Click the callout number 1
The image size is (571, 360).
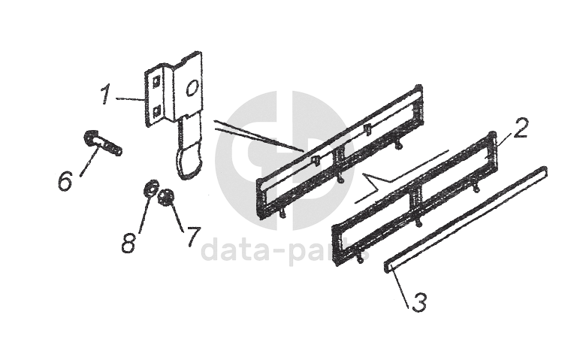(106, 93)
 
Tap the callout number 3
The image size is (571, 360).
(419, 301)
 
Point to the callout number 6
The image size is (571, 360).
(65, 181)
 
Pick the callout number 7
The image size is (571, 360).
(193, 237)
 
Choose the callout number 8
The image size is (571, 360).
(128, 243)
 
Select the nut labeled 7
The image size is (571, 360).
(166, 197)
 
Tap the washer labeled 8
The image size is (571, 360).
(151, 188)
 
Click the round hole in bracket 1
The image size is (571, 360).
(192, 88)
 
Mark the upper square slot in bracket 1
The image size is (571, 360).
(156, 82)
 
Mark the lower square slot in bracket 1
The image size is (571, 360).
(156, 110)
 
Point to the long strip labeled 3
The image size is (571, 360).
(466, 219)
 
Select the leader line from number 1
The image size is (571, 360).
(130, 99)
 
